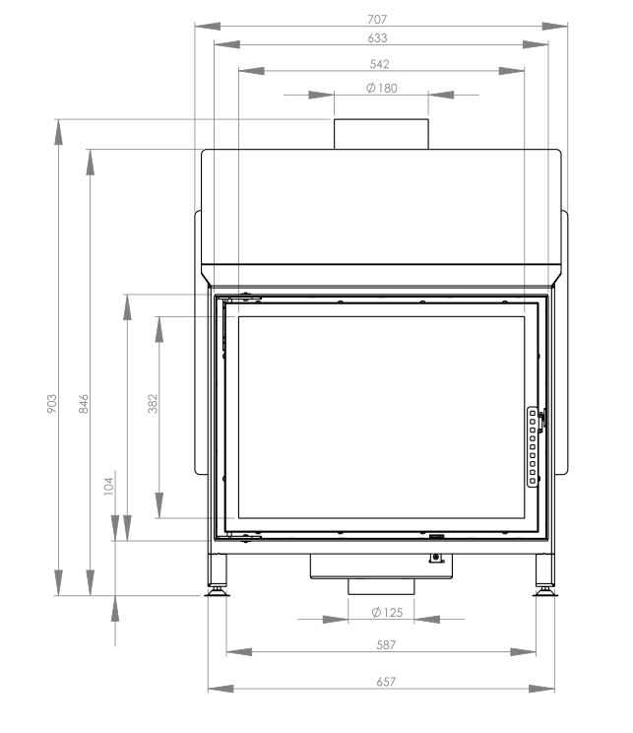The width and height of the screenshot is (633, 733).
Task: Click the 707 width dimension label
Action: [x=377, y=19]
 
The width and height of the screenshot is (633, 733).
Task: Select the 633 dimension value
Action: [x=377, y=37]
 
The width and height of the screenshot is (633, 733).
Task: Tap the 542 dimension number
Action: [x=379, y=64]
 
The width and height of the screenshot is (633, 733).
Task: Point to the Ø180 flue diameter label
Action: [x=382, y=88]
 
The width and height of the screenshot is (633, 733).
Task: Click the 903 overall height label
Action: [x=52, y=403]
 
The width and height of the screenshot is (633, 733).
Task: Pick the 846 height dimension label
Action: [x=84, y=403]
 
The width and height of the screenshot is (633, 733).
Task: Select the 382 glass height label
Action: [x=153, y=403]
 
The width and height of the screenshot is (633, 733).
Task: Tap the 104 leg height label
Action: [x=108, y=486]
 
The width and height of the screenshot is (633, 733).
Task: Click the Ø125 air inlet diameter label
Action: [x=387, y=613]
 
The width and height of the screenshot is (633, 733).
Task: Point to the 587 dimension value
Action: [x=386, y=645]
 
